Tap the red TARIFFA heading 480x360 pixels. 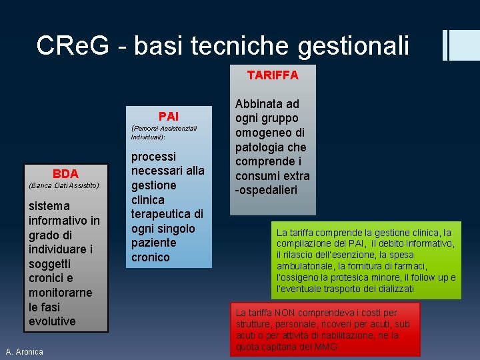[273, 75]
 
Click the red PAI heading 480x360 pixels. [168, 116]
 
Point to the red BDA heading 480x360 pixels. [65, 173]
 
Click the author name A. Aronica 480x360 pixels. [24, 351]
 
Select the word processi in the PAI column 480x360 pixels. [153, 156]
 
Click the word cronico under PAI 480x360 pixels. [150, 257]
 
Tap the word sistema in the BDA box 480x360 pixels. [49, 206]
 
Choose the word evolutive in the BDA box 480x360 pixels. [52, 321]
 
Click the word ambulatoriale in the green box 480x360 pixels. [304, 266]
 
